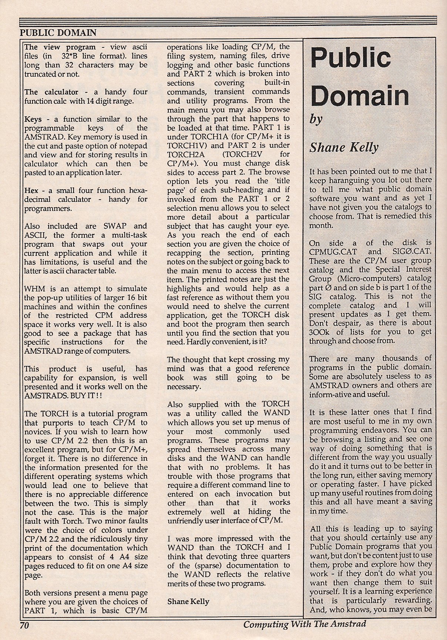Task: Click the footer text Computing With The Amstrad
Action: (x=305, y=624)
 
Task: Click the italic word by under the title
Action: (x=316, y=119)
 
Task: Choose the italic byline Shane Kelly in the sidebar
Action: (x=344, y=147)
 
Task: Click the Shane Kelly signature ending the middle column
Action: (x=188, y=601)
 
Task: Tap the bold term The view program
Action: (x=60, y=47)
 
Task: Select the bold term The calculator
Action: (x=51, y=92)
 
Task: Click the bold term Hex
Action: (x=31, y=190)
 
